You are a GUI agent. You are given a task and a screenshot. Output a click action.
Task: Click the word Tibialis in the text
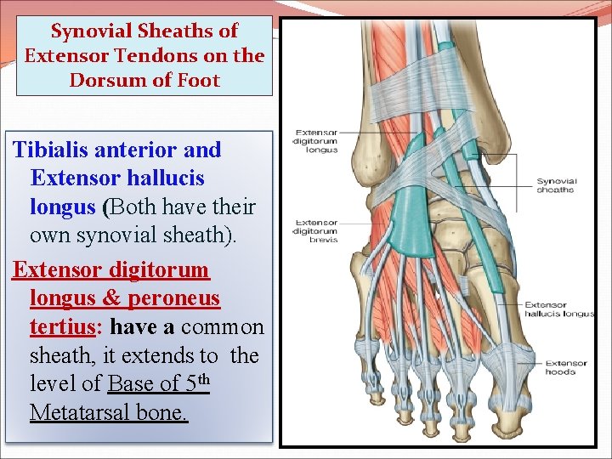pos(53,150)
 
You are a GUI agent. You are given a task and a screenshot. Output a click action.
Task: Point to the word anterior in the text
pos(139,150)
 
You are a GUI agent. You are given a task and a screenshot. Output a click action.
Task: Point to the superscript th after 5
pos(199,379)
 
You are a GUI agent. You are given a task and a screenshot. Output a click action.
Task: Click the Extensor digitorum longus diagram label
pos(316,141)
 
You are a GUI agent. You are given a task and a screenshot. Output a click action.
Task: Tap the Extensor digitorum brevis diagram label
pos(316,231)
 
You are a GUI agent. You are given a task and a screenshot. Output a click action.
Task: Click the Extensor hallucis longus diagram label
pos(558,309)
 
